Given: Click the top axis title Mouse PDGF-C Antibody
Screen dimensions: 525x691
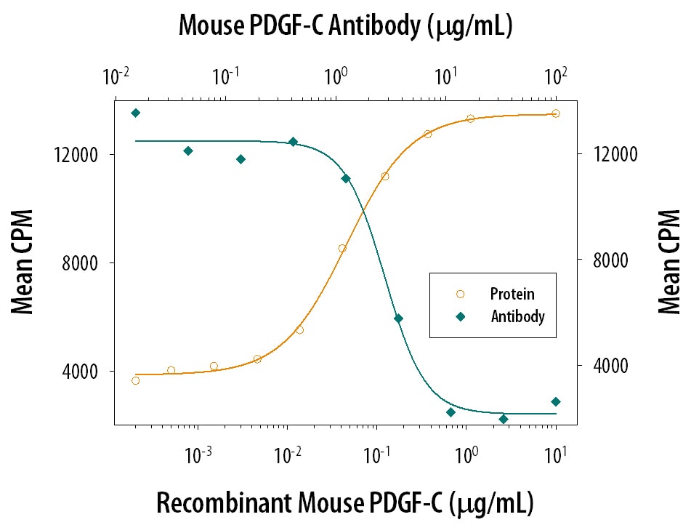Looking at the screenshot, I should click(346, 26).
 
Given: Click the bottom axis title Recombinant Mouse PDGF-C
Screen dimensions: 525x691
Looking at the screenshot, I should click(345, 502).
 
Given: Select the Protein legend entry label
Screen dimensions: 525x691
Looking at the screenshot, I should click(512, 294).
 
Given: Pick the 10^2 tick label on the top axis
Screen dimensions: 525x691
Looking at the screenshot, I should click(556, 76).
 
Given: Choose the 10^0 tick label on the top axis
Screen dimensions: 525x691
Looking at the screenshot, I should click(336, 76).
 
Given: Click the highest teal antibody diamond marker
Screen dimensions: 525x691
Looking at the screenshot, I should click(135, 113).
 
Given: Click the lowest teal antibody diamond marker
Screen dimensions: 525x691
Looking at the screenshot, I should click(504, 419).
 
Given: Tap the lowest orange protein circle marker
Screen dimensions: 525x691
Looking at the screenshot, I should click(135, 380).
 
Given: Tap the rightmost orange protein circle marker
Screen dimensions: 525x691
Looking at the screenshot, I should click(556, 113).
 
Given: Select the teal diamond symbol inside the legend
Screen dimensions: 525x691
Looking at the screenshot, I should click(459, 316).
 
